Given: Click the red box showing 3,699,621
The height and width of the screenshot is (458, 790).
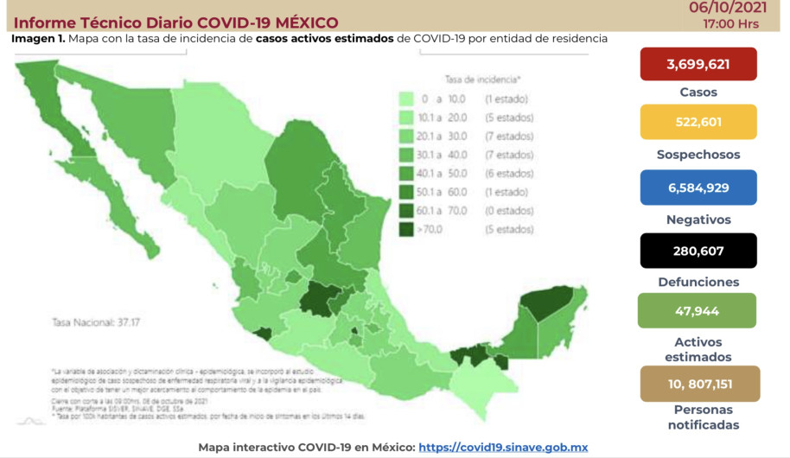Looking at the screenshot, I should [698, 65].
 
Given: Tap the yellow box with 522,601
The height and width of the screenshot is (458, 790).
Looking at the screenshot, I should [698, 122].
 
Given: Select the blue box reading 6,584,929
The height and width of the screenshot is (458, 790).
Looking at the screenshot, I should [698, 188].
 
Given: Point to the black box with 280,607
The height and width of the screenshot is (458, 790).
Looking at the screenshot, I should [698, 251].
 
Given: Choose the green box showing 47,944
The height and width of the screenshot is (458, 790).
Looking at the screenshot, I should [697, 311].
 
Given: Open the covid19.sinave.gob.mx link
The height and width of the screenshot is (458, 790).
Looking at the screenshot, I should [503, 447].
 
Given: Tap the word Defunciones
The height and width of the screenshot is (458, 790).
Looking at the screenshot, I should [698, 282].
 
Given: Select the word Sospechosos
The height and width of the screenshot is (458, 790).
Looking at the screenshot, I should [698, 155].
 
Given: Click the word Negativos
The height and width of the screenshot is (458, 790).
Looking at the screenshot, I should [698, 219].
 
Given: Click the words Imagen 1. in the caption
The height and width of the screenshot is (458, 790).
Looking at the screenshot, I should [38, 39].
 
